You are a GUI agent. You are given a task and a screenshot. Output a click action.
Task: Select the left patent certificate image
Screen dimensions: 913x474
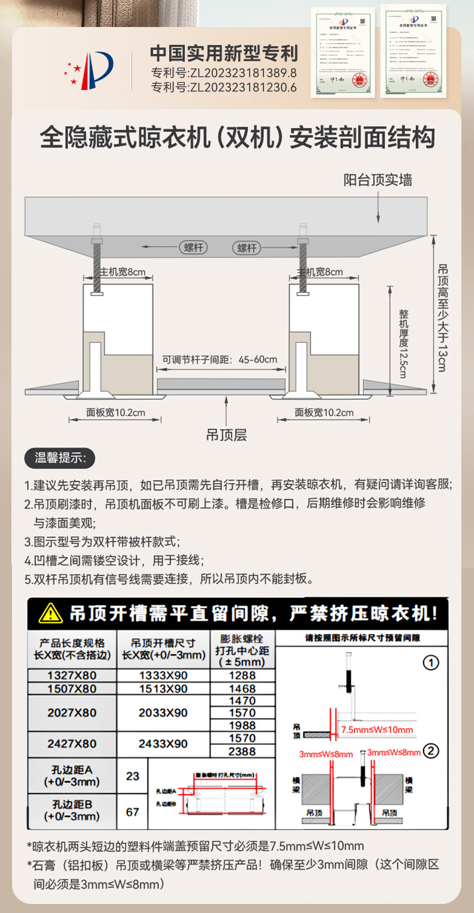(343, 52)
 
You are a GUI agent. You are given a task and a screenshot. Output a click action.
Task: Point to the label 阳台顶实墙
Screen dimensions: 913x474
(377, 179)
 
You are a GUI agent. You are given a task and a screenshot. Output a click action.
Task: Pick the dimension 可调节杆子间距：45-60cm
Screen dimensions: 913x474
(220, 360)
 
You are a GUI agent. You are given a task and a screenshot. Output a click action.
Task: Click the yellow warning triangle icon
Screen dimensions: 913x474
(50, 613)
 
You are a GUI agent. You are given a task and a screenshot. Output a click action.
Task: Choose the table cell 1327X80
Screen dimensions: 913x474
(72, 675)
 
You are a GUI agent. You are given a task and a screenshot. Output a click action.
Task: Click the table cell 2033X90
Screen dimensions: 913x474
(163, 713)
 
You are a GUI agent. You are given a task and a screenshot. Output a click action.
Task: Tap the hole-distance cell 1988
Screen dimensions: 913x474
(242, 725)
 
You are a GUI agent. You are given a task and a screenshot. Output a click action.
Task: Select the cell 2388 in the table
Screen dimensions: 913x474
(242, 751)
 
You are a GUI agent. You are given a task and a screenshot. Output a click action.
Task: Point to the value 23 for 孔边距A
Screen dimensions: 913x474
(133, 776)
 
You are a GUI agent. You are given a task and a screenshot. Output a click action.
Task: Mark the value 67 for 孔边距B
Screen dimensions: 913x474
(133, 812)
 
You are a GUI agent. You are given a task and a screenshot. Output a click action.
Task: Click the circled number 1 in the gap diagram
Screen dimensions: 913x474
(431, 663)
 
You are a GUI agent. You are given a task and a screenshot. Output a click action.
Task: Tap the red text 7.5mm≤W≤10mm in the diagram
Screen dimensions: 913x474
(377, 730)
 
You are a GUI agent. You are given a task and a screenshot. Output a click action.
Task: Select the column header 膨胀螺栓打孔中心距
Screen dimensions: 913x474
(242, 650)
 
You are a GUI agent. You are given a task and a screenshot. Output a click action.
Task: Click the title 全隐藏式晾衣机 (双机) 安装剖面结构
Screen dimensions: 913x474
(237, 138)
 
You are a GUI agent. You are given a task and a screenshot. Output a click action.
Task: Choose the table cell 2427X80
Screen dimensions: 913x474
(72, 744)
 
